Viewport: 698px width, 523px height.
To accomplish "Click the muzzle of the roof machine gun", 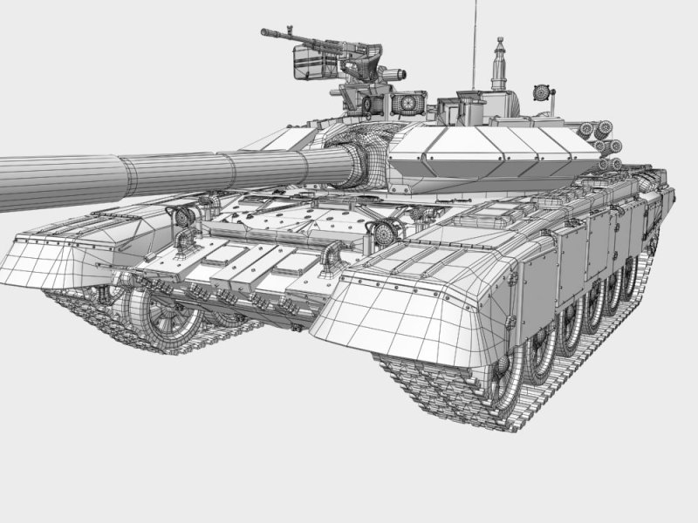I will point(264,33).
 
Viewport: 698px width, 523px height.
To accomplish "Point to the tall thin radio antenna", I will point(476,44).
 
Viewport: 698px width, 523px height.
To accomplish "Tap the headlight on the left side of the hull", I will point(184,218).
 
